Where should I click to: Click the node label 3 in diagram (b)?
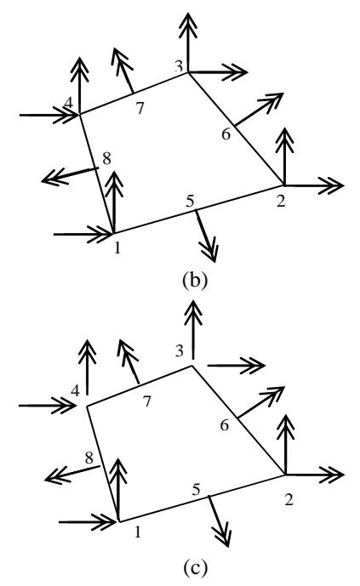coord(179,66)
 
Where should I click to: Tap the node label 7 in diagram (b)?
coord(140,108)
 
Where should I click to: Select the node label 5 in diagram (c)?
coord(197,490)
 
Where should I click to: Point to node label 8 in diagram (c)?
coord(89,458)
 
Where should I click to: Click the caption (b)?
coord(194,281)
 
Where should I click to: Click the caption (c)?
coord(194,568)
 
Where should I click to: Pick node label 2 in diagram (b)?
coord(280,201)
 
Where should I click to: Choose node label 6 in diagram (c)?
coord(225,425)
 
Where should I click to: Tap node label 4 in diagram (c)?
coord(76,391)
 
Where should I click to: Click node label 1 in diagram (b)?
coord(117,247)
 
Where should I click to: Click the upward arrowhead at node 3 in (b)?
coord(188,26)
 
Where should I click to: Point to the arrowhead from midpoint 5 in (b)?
coord(209,250)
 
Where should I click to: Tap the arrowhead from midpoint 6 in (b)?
coord(272,101)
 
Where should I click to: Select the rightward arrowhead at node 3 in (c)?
coord(253,366)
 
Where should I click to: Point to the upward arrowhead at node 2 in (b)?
coord(285,139)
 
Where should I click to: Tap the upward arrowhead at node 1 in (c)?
coord(119,472)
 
